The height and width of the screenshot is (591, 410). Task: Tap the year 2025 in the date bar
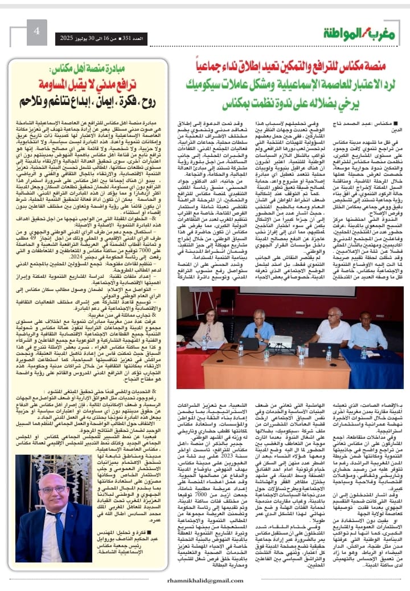(68, 37)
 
